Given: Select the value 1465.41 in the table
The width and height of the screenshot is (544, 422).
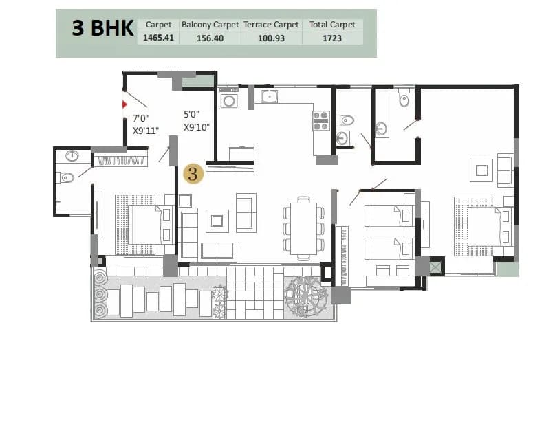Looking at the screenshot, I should pyautogui.click(x=158, y=38).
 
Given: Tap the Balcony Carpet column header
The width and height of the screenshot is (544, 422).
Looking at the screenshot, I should pyautogui.click(x=210, y=25).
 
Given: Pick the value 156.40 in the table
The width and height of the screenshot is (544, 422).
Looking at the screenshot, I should pyautogui.click(x=210, y=38).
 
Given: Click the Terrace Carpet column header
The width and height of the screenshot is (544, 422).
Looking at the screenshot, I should pyautogui.click(x=271, y=25).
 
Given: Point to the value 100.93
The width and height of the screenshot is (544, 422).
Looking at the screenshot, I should pyautogui.click(x=271, y=38).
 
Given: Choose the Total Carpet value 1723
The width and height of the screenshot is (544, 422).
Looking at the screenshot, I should pyautogui.click(x=332, y=38).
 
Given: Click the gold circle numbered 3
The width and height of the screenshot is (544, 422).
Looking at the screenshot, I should pyautogui.click(x=193, y=174).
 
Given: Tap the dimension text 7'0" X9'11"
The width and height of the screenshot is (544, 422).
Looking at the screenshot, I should pyautogui.click(x=145, y=124).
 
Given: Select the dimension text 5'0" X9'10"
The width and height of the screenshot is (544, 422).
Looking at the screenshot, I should pyautogui.click(x=196, y=120).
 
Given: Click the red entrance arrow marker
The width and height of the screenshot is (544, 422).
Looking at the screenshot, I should pyautogui.click(x=124, y=104).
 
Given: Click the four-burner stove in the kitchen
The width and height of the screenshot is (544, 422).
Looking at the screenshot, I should pyautogui.click(x=321, y=120).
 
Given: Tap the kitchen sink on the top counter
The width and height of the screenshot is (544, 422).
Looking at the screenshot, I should pyautogui.click(x=268, y=96).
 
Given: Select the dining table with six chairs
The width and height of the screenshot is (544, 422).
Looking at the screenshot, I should pyautogui.click(x=303, y=228).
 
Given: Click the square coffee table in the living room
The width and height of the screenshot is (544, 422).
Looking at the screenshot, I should pyautogui.click(x=218, y=220).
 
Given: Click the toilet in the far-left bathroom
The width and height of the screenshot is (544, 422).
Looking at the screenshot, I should pyautogui.click(x=67, y=178).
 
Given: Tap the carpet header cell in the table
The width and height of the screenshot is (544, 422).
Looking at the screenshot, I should pyautogui.click(x=158, y=25).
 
